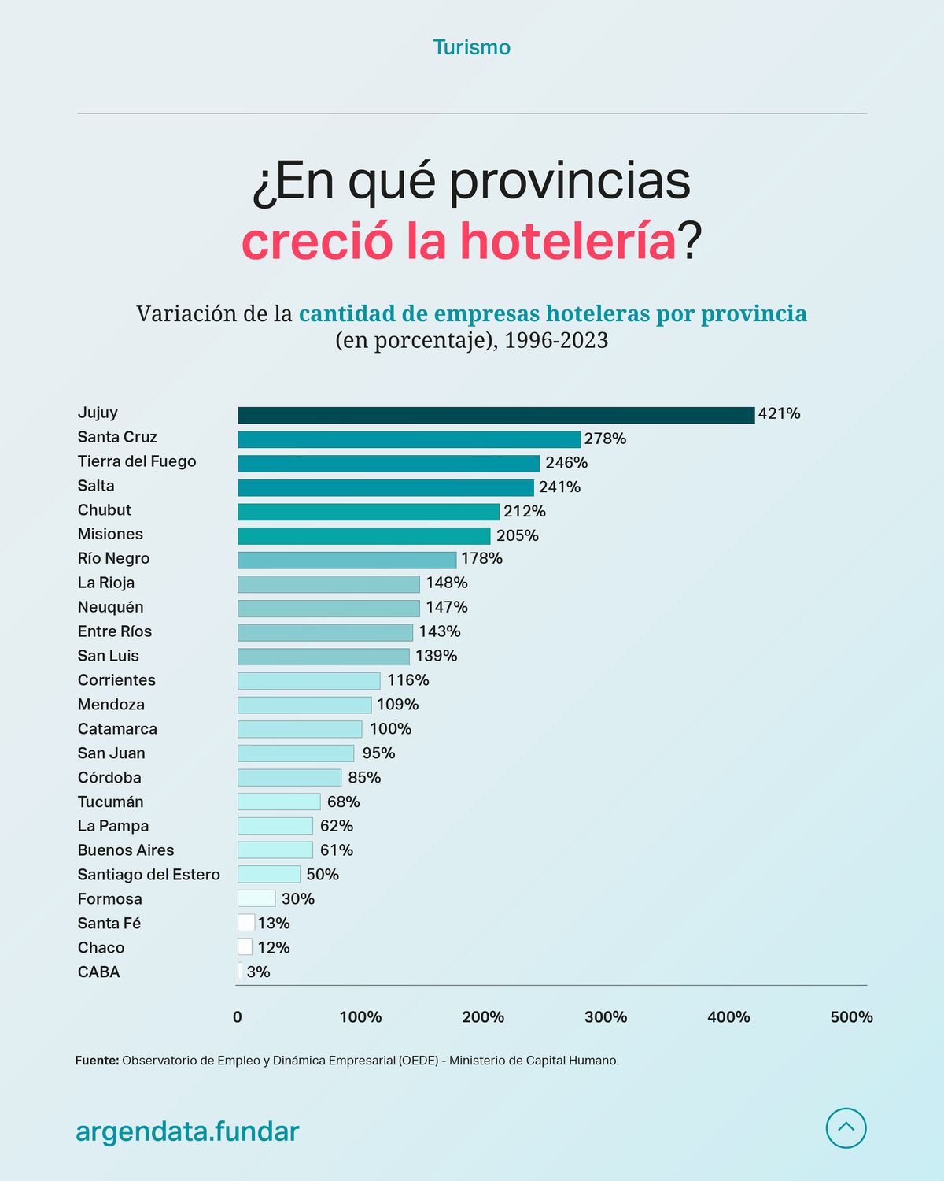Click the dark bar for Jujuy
coord(496,415)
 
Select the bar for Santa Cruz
coord(409,439)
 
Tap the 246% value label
coord(566,463)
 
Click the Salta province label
coord(96,486)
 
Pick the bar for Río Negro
coord(347,560)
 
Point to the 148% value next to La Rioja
coord(447,583)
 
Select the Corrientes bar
coord(309,681)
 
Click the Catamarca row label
coord(117,729)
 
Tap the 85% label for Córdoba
coord(364,778)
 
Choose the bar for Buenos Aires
coord(275,850)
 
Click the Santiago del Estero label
coord(149,875)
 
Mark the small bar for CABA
coord(240,972)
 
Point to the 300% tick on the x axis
coord(606,1017)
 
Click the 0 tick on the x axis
coord(238,1017)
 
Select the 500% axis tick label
coord(851,1017)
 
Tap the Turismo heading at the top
coord(472,47)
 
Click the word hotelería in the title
coord(567,241)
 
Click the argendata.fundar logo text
coord(187,1131)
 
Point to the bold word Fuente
coord(97,1061)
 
